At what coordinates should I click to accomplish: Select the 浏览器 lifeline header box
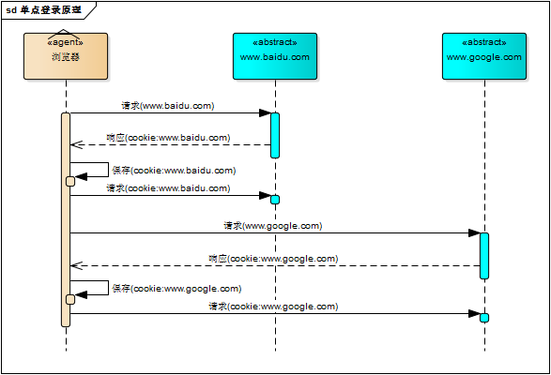point(66,56)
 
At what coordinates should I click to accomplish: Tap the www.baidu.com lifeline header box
point(275,56)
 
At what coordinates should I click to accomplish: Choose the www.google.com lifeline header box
point(484,56)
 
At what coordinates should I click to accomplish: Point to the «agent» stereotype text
point(65,42)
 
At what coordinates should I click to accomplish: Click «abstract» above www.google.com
point(484,42)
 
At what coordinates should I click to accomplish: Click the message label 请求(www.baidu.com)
point(168,106)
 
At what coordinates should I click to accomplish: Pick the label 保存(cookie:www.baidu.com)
point(174,171)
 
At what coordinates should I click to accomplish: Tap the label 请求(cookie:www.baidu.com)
point(168,187)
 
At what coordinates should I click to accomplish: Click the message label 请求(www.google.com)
point(273,226)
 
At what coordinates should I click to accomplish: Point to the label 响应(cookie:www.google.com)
point(273,258)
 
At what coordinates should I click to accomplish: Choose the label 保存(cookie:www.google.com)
point(176,289)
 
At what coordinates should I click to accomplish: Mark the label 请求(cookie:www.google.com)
point(273,306)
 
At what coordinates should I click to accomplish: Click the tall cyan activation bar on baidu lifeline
point(275,135)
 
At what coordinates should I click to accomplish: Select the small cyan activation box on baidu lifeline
point(275,199)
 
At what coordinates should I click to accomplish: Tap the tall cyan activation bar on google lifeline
point(484,255)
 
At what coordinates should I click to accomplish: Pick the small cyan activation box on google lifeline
point(484,318)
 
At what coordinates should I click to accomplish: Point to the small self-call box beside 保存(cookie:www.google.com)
point(70,299)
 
